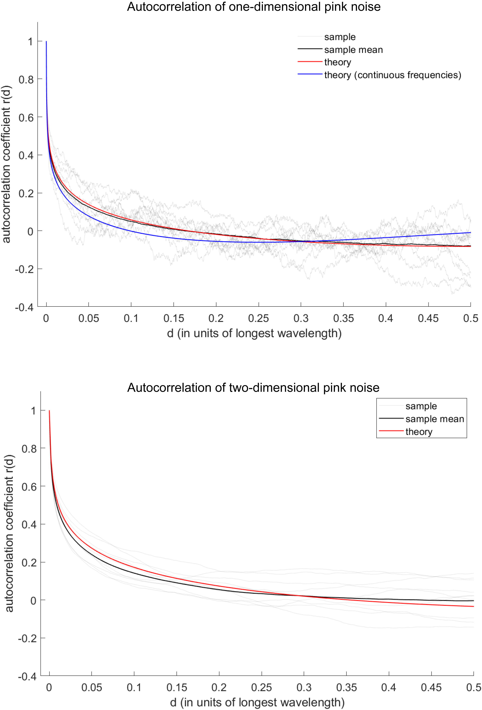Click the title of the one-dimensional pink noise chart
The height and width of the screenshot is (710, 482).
253,7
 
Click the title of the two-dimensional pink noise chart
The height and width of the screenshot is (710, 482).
253,387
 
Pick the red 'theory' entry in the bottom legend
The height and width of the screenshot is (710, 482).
419,432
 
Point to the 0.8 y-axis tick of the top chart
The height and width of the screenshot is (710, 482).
26,79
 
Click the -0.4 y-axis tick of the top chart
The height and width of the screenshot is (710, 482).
24,307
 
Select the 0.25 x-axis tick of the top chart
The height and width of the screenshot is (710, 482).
258,318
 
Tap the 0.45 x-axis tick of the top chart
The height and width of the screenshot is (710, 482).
428,318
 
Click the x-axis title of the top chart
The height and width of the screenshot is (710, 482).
254,333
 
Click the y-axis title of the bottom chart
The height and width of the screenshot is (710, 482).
9,533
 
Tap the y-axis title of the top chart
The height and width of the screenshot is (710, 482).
6,164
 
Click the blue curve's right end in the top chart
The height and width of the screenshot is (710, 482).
470,233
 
